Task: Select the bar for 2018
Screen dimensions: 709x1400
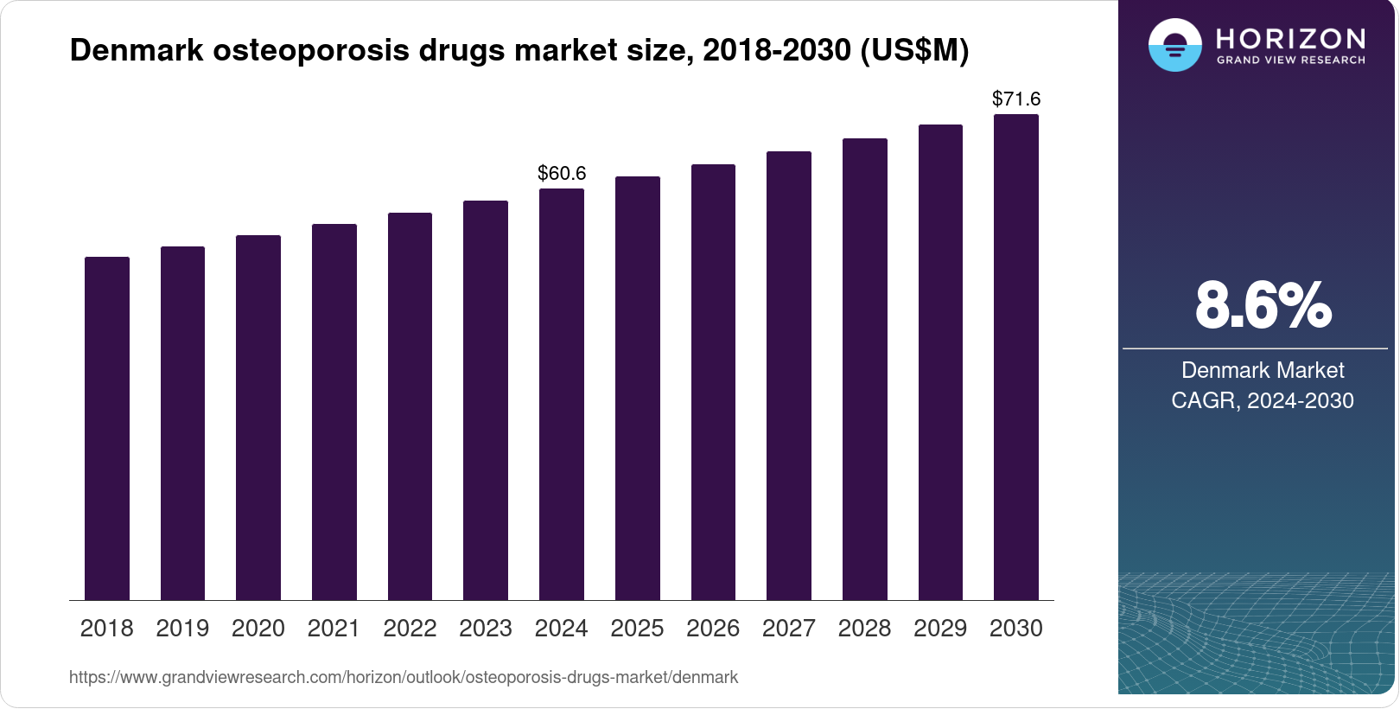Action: click(107, 428)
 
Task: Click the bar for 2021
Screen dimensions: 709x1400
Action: click(334, 412)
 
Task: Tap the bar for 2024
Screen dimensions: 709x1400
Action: click(562, 394)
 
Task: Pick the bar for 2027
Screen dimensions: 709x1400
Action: click(789, 375)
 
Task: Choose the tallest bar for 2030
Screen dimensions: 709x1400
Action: click(1016, 357)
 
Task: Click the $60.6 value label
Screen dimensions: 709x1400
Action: click(562, 173)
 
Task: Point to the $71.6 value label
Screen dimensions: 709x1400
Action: click(1016, 99)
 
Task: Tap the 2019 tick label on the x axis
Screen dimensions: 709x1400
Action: click(182, 628)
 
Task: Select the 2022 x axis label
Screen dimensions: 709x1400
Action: click(410, 628)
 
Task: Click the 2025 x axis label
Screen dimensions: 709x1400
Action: click(637, 628)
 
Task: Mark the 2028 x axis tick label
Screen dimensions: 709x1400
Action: click(864, 628)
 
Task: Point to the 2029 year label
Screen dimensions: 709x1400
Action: click(940, 628)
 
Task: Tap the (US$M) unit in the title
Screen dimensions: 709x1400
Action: click(914, 50)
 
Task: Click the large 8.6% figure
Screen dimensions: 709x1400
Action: click(1263, 305)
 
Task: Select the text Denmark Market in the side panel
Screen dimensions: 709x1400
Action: click(1263, 370)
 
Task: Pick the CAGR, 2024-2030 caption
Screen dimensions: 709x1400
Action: click(1263, 400)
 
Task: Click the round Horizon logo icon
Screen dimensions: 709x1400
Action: click(1174, 45)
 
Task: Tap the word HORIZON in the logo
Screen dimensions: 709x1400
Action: click(1290, 38)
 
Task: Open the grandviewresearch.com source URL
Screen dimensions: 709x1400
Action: click(404, 677)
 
